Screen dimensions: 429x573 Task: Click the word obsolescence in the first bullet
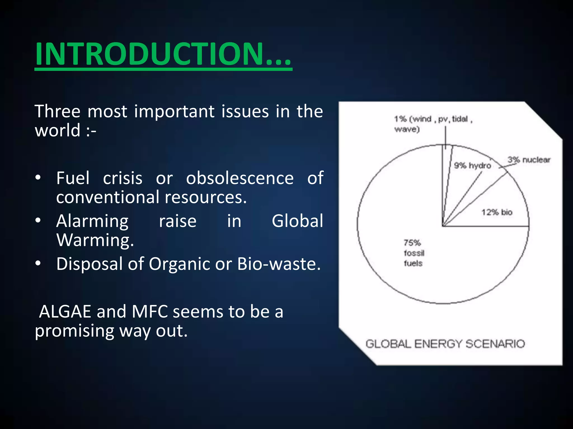[x=240, y=178]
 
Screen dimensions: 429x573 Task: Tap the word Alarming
[x=92, y=221]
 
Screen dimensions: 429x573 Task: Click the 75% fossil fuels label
[x=414, y=253]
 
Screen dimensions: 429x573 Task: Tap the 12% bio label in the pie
[x=497, y=212]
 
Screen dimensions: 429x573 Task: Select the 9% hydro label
[x=472, y=166]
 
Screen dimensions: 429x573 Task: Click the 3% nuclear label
[x=529, y=160]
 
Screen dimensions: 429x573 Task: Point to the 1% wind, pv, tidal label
[x=433, y=124]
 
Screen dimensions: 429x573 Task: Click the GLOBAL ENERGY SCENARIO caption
[x=445, y=344]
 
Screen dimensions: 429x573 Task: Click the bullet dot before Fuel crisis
[x=38, y=178]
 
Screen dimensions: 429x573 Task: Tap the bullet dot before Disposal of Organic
[x=38, y=263]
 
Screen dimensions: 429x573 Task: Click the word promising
[x=74, y=331]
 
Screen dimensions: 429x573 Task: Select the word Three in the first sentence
[x=58, y=111]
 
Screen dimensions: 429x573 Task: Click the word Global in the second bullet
[x=297, y=221]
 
